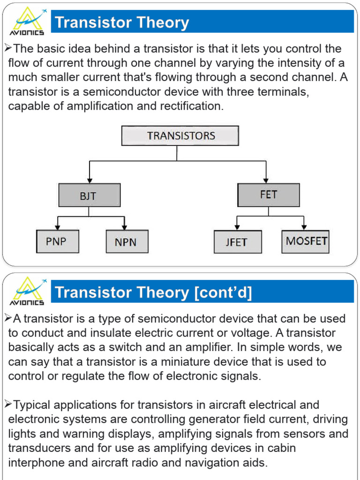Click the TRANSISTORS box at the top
(x=180, y=136)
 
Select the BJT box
(x=90, y=195)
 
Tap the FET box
(x=268, y=195)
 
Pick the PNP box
(x=58, y=241)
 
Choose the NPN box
(x=127, y=242)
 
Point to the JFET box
(x=236, y=242)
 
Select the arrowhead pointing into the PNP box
(x=57, y=227)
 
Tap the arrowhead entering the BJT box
(x=90, y=180)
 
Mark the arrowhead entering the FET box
(x=266, y=180)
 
